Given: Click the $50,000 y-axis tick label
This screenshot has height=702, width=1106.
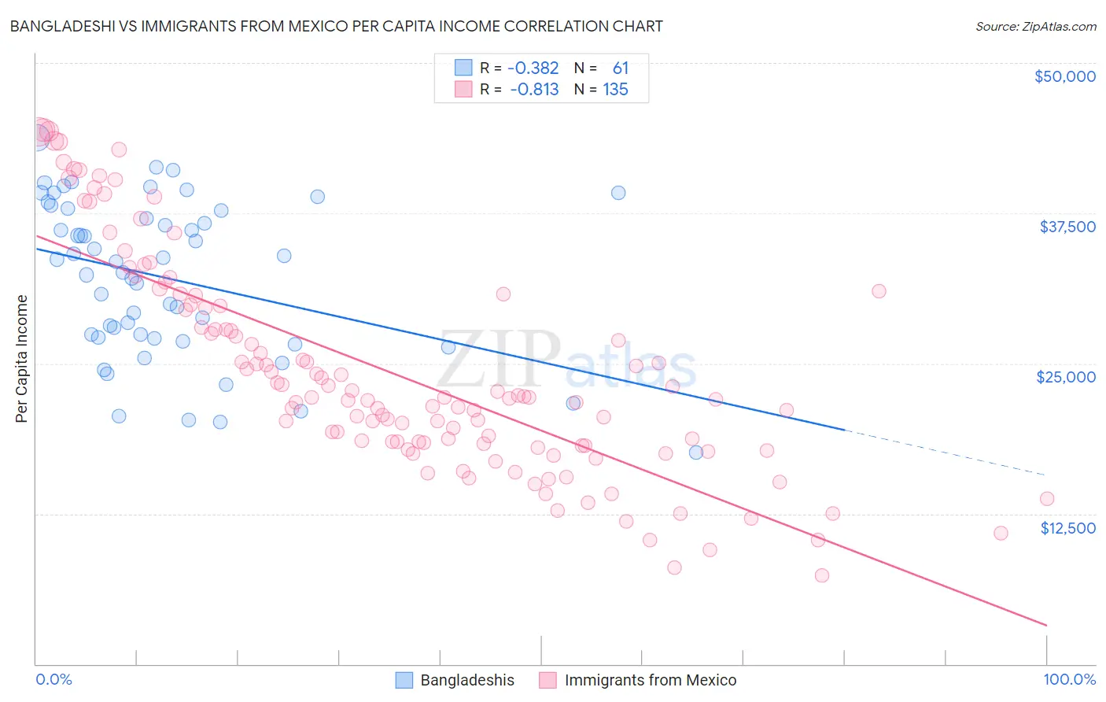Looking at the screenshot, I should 1064,76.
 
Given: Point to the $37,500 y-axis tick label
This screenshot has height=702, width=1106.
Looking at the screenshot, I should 1067,227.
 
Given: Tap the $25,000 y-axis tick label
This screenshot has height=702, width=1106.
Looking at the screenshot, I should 1065,377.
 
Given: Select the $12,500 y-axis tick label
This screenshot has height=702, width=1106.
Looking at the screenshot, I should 1067,528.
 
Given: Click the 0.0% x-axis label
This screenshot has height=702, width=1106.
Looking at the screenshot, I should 53,679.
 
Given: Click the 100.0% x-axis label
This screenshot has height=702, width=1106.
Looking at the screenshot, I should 1069,679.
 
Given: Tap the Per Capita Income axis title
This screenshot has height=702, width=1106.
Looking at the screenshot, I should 22,358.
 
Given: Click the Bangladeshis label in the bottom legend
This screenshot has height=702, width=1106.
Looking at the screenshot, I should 467,680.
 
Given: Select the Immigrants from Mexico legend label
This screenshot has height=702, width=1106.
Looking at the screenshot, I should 650,680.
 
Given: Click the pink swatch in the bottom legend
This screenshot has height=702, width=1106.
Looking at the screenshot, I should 547,680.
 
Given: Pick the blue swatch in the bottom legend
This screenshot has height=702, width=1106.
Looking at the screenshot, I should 404,680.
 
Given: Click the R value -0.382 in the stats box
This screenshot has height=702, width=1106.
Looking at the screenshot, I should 534,68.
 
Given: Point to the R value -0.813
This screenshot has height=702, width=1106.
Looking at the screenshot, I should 534,90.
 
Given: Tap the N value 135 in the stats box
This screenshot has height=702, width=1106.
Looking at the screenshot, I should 615,90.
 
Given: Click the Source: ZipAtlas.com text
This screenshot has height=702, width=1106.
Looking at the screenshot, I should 1035,27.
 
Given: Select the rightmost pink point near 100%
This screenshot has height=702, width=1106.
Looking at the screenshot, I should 1046,498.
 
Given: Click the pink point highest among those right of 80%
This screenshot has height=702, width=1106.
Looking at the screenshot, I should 879,291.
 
